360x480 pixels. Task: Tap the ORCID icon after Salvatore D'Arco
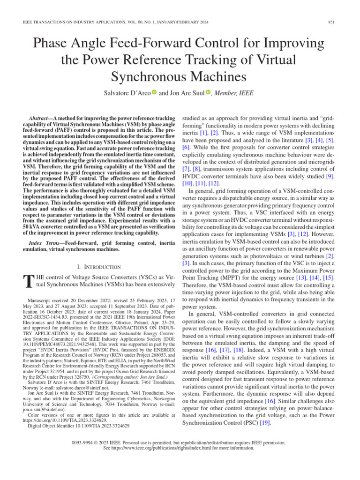pyautogui.click(x=154, y=92)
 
